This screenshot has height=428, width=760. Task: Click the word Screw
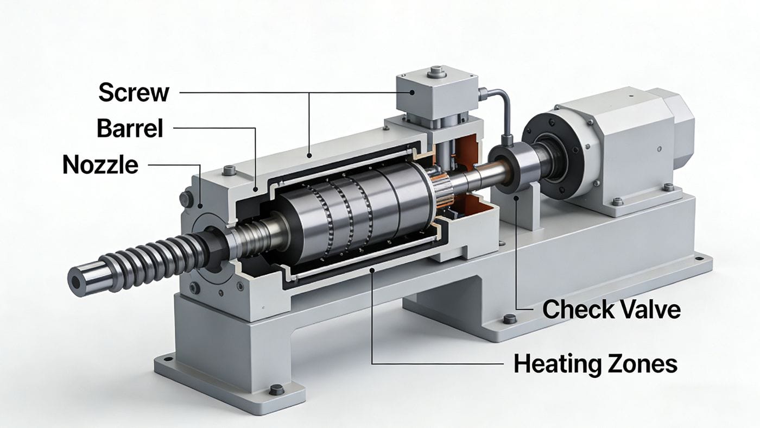click(134, 93)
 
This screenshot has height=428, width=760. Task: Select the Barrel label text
click(130, 129)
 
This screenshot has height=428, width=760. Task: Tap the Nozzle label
click(100, 164)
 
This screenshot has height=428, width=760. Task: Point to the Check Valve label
click(611, 310)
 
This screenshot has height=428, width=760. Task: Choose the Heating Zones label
click(595, 363)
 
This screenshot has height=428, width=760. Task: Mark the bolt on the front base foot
click(276, 389)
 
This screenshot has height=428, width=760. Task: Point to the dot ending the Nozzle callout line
click(201, 206)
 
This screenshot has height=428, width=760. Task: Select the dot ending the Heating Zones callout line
click(371, 270)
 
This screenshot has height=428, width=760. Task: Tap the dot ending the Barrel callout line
click(256, 190)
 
